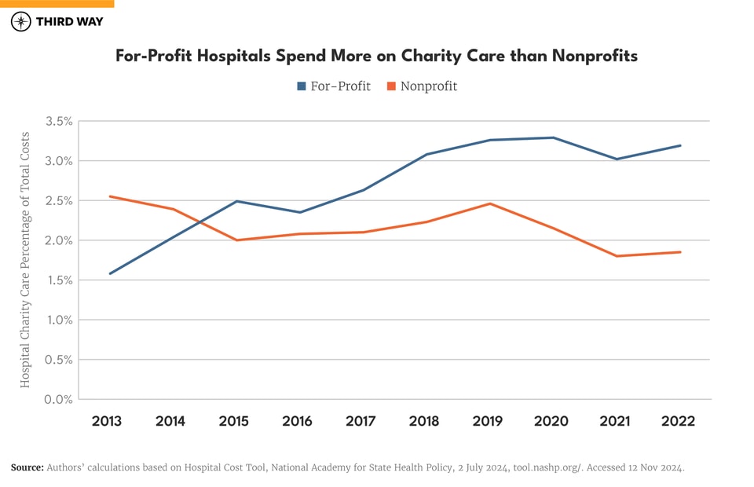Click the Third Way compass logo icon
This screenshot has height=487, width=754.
[x=21, y=21]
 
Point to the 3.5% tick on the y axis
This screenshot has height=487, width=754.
[x=59, y=122]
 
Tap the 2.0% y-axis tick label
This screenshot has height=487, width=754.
[x=59, y=240]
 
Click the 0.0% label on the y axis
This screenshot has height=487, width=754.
[x=59, y=400]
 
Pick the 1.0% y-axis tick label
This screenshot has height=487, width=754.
[x=59, y=320]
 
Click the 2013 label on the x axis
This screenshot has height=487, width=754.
[x=107, y=422]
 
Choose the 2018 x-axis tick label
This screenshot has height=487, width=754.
[x=424, y=422]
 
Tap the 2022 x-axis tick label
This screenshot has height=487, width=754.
[x=678, y=422]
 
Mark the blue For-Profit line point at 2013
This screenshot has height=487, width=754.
[x=110, y=273]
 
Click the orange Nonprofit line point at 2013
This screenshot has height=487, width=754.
[x=110, y=196]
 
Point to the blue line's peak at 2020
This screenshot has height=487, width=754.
[x=553, y=137]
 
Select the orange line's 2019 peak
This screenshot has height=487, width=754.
[x=490, y=203]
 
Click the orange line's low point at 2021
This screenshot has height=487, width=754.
[x=617, y=256]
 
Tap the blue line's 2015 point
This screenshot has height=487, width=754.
[x=236, y=201]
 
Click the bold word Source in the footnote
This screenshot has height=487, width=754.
[x=27, y=467]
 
